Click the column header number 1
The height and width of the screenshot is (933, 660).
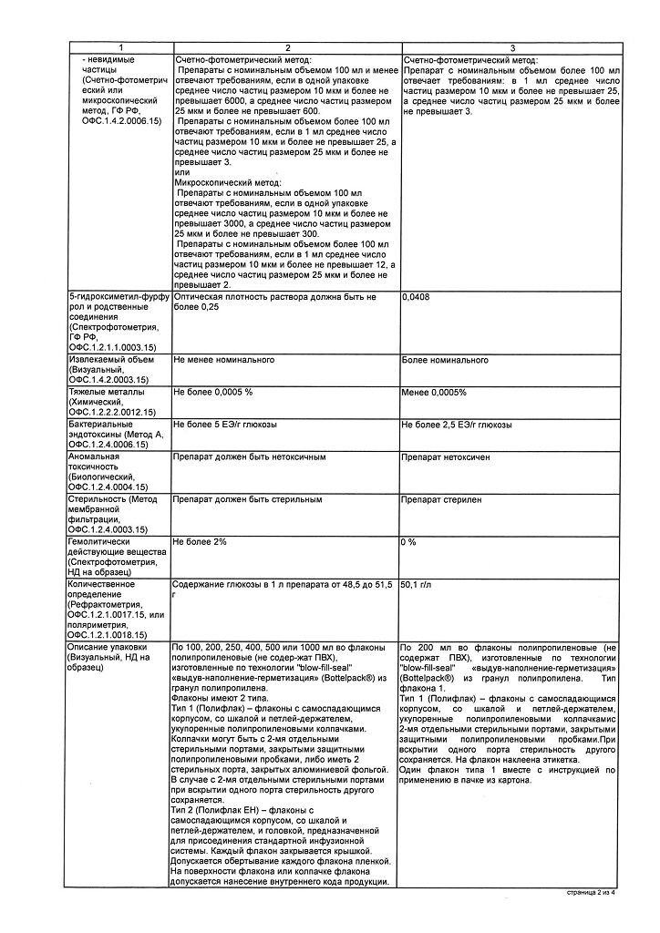pyautogui.click(x=119, y=47)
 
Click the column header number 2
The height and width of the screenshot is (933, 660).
pyautogui.click(x=285, y=47)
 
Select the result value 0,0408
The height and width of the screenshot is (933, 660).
pyautogui.click(x=415, y=298)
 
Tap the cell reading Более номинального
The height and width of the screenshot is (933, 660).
pyautogui.click(x=445, y=361)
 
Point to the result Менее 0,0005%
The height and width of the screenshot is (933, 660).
pyautogui.click(x=435, y=392)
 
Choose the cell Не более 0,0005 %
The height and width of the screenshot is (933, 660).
pyautogui.click(x=212, y=392)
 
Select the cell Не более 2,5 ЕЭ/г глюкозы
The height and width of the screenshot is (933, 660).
pyautogui.click(x=456, y=424)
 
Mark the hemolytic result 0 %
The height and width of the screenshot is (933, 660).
pyautogui.click(x=408, y=542)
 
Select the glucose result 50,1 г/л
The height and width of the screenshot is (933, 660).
pyautogui.click(x=418, y=584)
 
